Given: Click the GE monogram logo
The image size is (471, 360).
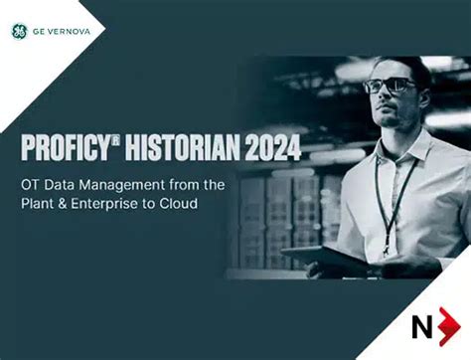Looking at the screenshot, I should click(20, 31).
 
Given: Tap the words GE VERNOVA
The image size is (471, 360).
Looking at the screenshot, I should click(63, 31).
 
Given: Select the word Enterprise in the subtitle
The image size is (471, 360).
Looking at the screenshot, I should click(125, 206).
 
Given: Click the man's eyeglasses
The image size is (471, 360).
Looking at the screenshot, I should click(390, 87).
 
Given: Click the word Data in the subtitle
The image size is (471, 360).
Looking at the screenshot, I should click(79, 186).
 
